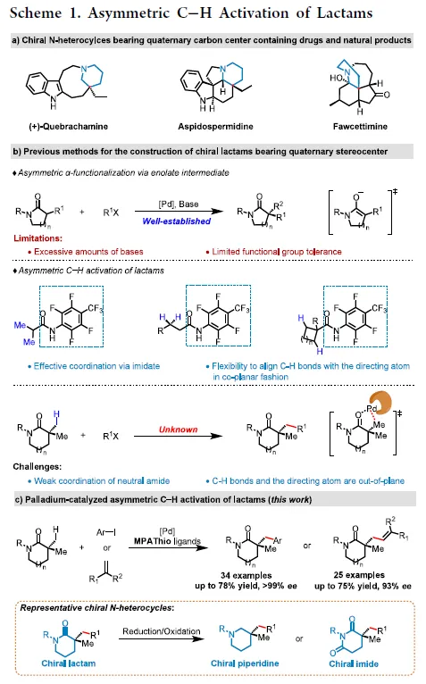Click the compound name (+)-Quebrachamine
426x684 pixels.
(x=68, y=127)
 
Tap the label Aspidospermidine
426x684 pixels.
(x=215, y=127)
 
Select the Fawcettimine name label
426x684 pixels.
(x=360, y=127)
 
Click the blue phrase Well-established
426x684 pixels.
(x=176, y=221)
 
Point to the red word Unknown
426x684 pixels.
(x=178, y=430)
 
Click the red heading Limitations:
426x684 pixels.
(x=38, y=238)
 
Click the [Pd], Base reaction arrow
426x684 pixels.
(x=179, y=212)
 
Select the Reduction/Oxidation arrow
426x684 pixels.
(x=161, y=639)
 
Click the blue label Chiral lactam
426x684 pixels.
(x=69, y=663)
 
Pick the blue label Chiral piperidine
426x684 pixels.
(x=245, y=663)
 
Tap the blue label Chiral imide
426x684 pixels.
(x=354, y=664)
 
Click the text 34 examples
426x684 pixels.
(x=246, y=575)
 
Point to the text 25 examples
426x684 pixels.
(x=359, y=575)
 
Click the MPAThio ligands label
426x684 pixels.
(x=167, y=541)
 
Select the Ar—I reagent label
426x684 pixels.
(x=106, y=532)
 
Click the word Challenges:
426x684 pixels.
(x=38, y=467)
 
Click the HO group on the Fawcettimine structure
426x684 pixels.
(x=336, y=78)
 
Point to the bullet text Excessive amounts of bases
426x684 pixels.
(x=88, y=252)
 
